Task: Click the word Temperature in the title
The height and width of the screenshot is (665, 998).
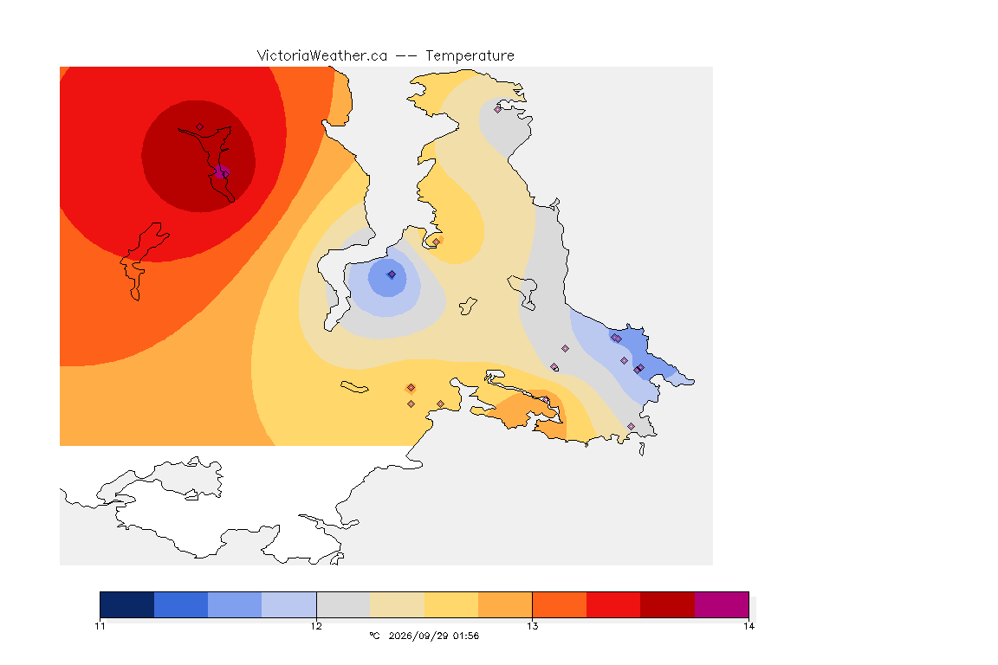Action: click(470, 56)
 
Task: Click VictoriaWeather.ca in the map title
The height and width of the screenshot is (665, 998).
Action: click(322, 56)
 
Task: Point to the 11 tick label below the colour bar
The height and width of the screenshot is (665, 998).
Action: click(100, 626)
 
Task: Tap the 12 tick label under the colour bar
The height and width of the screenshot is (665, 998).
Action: click(316, 626)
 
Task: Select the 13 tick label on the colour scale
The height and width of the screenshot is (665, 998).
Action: click(532, 626)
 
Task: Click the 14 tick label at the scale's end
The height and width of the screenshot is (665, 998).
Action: click(748, 626)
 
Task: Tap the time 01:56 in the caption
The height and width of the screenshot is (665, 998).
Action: click(466, 636)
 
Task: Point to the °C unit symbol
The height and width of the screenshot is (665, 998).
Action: click(374, 636)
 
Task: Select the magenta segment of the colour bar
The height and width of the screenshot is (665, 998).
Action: click(721, 604)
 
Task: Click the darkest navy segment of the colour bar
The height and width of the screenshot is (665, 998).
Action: click(127, 604)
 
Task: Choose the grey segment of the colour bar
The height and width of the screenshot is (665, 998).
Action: click(343, 604)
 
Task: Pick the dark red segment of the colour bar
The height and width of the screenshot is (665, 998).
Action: click(667, 604)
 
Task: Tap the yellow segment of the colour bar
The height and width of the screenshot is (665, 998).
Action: click(451, 604)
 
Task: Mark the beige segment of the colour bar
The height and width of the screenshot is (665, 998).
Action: click(397, 604)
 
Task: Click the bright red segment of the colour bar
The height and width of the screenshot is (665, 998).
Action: click(613, 604)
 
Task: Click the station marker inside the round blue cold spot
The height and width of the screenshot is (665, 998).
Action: click(392, 274)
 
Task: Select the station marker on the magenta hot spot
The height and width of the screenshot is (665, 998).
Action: click(224, 174)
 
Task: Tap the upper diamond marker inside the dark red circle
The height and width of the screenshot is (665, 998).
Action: click(200, 127)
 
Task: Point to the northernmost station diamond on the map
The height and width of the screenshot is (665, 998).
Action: click(498, 109)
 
